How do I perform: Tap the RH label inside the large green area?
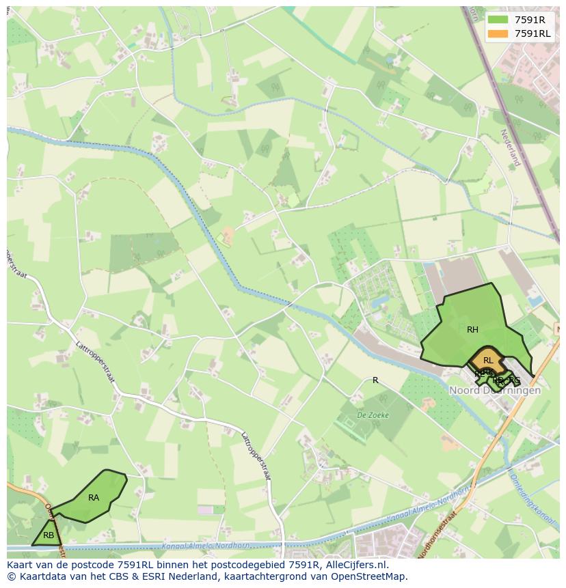472,330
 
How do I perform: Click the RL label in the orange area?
488,361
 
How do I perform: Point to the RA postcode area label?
94,498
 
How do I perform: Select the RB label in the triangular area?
49,535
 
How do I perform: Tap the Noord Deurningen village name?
495,391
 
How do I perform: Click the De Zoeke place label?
373,415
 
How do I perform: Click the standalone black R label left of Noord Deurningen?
375,380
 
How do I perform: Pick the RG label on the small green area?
515,380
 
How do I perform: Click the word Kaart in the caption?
20,565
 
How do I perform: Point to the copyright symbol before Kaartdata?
11,576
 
